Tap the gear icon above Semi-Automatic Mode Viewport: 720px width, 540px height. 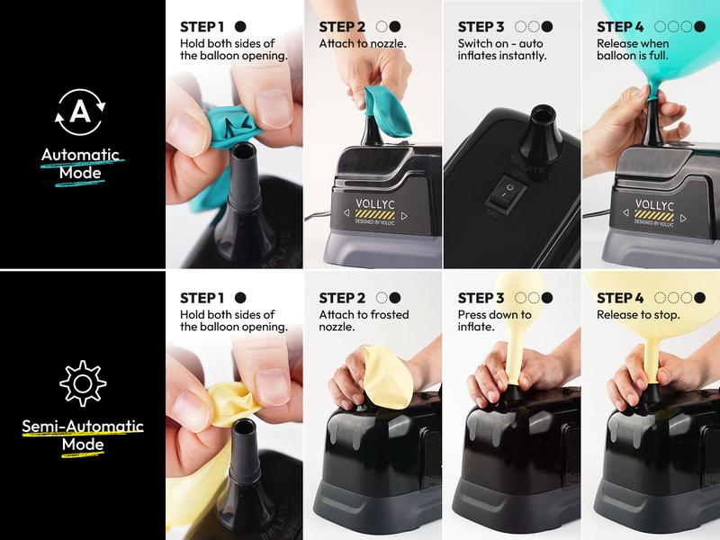tap(83, 383)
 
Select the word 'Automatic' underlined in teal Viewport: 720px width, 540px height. tap(80, 155)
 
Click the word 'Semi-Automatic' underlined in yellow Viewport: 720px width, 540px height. tap(83, 426)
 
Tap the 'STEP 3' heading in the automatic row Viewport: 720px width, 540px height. tap(481, 27)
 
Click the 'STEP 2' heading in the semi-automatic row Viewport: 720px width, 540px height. tap(342, 299)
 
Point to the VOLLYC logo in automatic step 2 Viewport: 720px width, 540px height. tap(375, 203)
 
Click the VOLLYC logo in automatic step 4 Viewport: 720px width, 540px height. tap(655, 204)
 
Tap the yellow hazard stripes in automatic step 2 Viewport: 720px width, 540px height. tap(375, 214)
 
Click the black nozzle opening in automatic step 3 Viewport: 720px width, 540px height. tap(543, 113)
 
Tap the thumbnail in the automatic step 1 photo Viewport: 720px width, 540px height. tap(274, 108)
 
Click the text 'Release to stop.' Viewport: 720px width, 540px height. tap(638, 315)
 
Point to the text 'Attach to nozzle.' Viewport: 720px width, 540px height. tap(363, 43)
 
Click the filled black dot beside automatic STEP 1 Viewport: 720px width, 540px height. tap(240, 27)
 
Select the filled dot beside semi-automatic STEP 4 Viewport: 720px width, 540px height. tap(699, 298)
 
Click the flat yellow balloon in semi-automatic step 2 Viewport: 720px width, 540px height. tap(388, 377)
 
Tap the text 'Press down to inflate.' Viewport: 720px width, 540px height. tap(494, 320)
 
